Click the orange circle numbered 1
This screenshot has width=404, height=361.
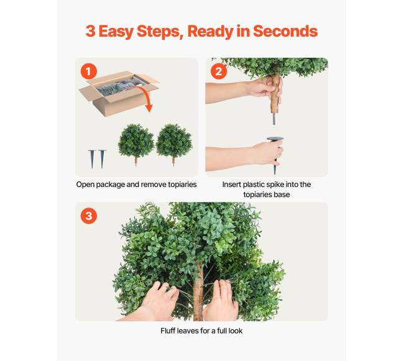(89, 71)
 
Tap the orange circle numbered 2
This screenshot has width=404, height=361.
(219, 71)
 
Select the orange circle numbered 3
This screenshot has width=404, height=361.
(89, 216)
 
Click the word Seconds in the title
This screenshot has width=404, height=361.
(285, 31)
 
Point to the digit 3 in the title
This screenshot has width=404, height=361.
(90, 31)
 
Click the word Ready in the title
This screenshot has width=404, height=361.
(210, 32)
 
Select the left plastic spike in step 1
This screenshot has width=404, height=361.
(92, 159)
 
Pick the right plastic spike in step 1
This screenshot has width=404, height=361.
(102, 158)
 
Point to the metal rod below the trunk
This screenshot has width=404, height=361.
(274, 119)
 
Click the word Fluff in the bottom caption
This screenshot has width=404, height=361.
(167, 331)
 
